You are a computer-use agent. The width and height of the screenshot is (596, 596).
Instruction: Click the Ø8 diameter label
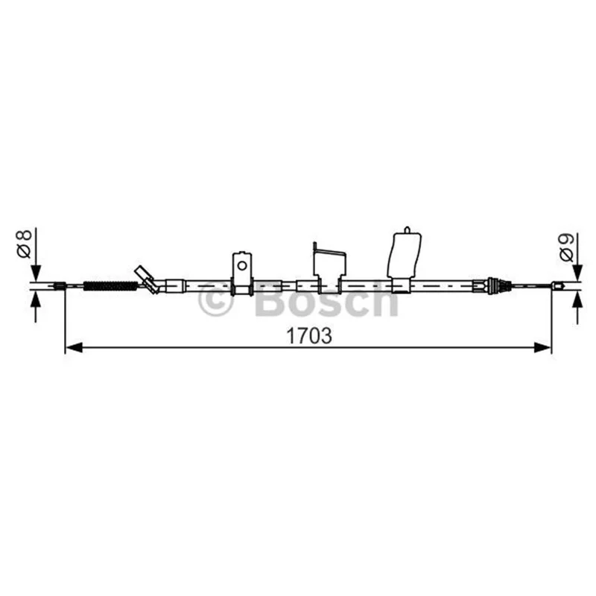24,244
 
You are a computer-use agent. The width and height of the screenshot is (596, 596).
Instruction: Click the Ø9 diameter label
567,248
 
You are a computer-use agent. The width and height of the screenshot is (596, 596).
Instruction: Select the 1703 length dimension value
309,336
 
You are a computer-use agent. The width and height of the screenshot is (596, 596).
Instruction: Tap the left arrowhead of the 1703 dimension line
74,347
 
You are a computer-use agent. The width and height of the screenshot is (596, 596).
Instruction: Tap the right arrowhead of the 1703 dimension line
542,347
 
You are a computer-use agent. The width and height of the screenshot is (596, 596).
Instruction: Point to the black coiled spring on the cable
110,286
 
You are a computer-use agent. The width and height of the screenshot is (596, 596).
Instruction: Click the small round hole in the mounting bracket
241,265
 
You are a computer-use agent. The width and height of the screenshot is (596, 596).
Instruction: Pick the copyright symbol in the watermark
215,299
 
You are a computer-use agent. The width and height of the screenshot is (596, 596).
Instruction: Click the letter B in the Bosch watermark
270,299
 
